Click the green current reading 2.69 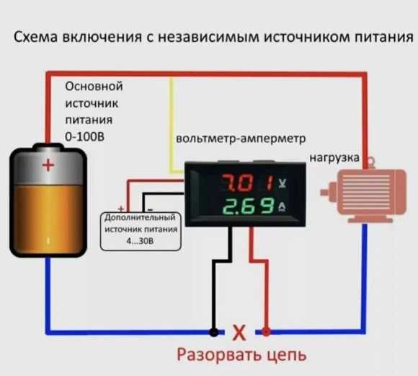[239, 209]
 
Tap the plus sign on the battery [48, 166]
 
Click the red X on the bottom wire [240, 333]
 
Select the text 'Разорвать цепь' [241, 355]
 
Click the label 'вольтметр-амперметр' [241, 137]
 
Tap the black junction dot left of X [213, 333]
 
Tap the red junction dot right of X [267, 333]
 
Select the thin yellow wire [172, 123]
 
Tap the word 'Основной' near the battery [94, 86]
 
